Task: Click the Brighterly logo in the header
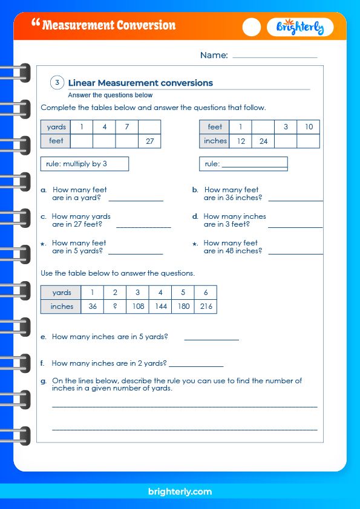click(299, 27)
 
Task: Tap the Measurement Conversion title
click(109, 25)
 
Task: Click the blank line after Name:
click(275, 56)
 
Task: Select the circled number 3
click(57, 83)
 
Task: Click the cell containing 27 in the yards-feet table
click(149, 141)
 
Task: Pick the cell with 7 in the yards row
click(127, 127)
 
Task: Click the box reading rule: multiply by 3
click(85, 164)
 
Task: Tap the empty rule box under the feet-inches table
click(243, 164)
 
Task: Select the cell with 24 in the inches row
click(263, 141)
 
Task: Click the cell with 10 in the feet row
click(308, 127)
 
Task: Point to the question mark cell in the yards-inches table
click(114, 306)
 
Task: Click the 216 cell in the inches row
click(206, 306)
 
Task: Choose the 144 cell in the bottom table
click(160, 306)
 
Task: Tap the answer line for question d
click(295, 226)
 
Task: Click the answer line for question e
click(211, 339)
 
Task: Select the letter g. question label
click(44, 381)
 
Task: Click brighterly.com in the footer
click(180, 491)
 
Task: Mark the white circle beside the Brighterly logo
click(252, 27)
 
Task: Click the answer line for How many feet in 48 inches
click(295, 253)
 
